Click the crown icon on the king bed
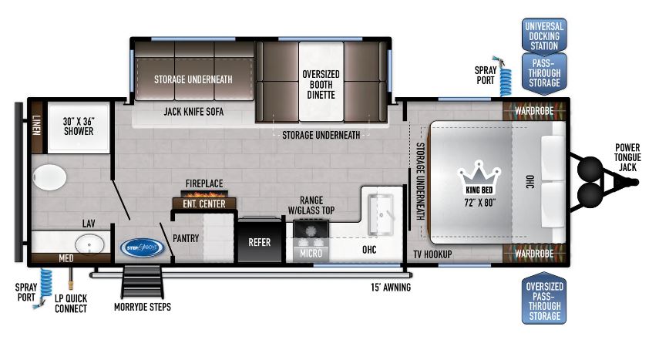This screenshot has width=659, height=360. tap(479, 177)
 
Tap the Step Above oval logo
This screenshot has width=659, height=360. tap(142, 247)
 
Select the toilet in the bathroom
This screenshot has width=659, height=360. tap(49, 177)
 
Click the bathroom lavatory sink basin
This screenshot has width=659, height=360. tap(89, 244)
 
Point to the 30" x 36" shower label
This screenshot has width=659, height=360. tap(79, 126)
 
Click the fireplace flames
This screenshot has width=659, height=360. tap(204, 194)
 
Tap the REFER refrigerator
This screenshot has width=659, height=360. tap(259, 241)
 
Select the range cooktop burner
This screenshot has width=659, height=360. tap(311, 232)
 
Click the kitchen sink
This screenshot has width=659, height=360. tap(381, 214)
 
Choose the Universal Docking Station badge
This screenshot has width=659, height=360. tap(544, 35)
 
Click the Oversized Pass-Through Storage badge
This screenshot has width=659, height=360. tap(544, 301)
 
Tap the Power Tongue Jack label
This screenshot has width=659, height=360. tap(627, 157)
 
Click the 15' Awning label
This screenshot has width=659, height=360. tap(391, 288)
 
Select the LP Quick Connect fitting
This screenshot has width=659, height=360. tap(71, 279)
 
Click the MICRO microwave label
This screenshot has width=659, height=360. tap(311, 253)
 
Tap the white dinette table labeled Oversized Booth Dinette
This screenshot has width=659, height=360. tap(321, 82)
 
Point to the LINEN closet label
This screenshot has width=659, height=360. tap(37, 125)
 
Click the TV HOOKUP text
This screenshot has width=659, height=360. tap(432, 254)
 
